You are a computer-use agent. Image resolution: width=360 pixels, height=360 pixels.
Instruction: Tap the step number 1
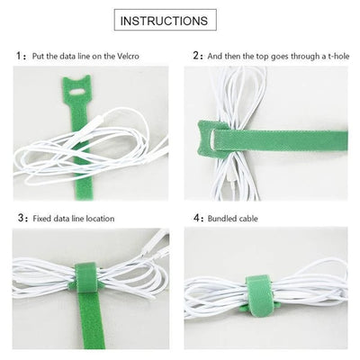pos(21,55)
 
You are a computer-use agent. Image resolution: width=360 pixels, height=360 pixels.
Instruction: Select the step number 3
pos(21,218)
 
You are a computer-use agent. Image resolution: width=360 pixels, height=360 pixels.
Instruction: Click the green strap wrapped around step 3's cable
pos(85,280)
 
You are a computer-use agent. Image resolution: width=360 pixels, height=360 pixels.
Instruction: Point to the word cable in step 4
pos(253,218)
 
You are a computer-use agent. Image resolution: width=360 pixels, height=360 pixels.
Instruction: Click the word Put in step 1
pos(39,56)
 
